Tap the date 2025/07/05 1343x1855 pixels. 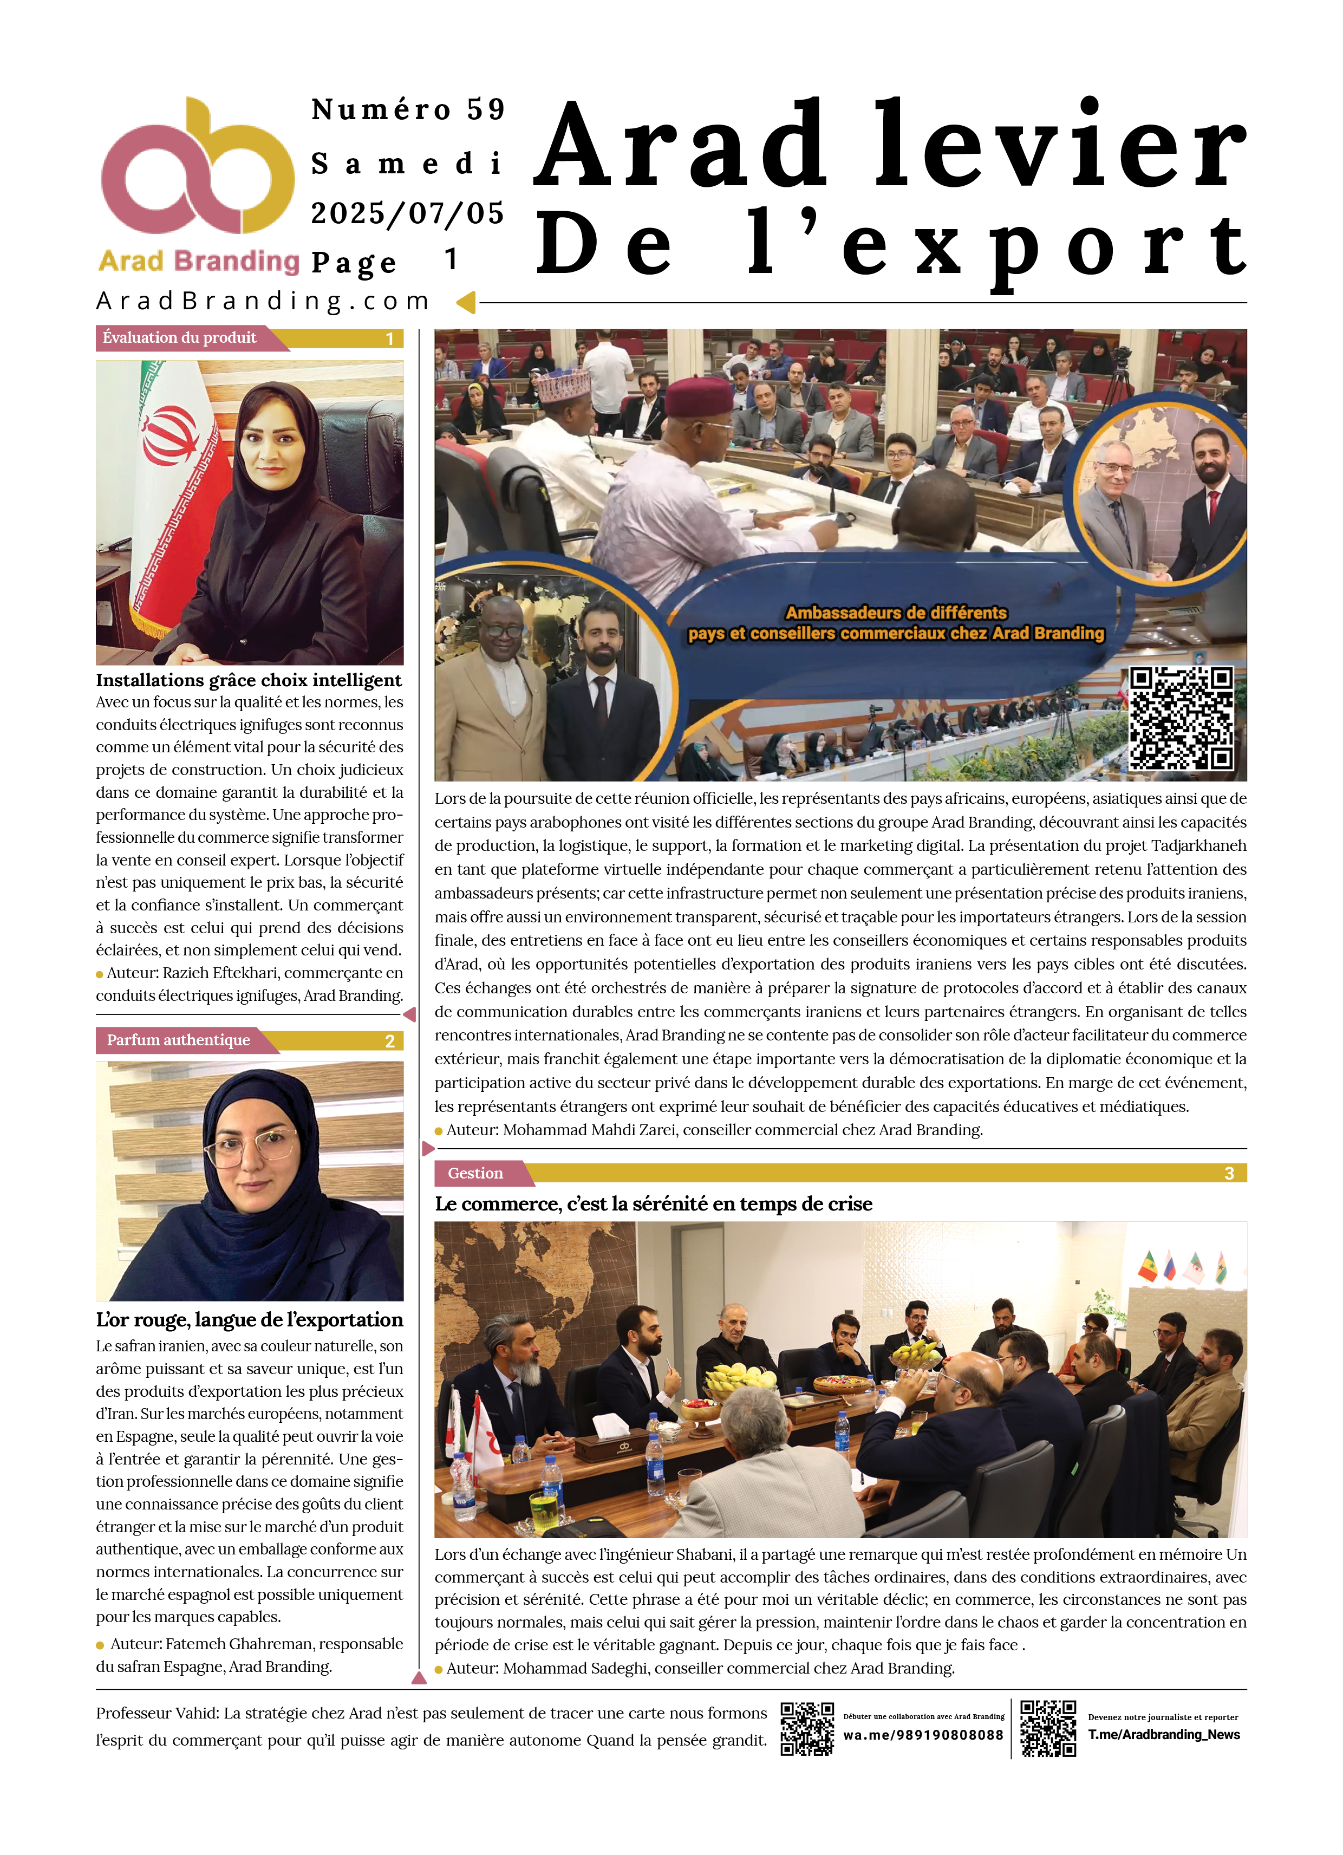[x=407, y=213]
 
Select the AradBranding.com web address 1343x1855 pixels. [x=263, y=302]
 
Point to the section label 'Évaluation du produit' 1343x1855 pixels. [x=180, y=338]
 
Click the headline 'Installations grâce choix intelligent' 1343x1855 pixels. [x=249, y=680]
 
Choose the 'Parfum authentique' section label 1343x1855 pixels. [x=178, y=1040]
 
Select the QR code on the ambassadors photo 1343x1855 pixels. [x=1181, y=719]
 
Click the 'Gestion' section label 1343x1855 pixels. [x=475, y=1174]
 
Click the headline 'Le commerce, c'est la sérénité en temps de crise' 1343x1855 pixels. [x=654, y=1205]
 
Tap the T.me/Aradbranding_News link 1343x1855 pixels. [x=1164, y=1735]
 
